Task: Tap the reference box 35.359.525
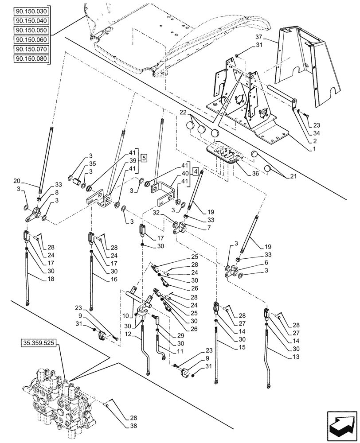click(39, 343)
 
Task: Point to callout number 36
click(256, 173)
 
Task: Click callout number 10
click(125, 315)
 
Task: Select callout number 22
click(183, 113)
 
